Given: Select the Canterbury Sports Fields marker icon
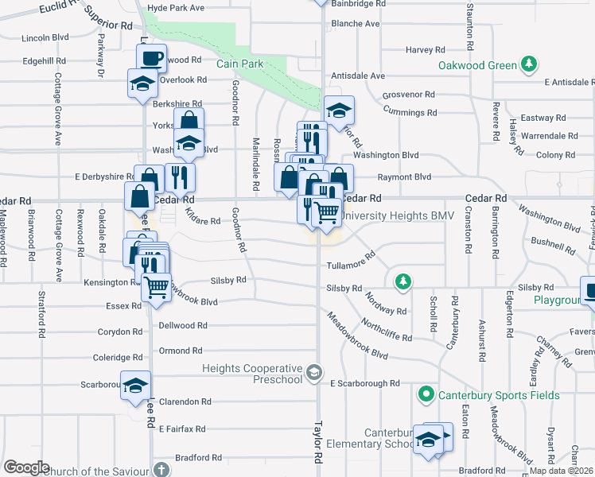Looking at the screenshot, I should pos(426,394).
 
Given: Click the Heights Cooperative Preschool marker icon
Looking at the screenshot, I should pos(316,372).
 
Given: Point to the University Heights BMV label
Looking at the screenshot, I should pos(385,215).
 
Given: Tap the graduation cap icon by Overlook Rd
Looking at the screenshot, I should pos(143,82).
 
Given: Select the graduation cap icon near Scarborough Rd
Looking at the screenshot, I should pos(135,385).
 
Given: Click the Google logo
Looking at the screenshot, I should pos(25,467).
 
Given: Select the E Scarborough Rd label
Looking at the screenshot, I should pos(365,383).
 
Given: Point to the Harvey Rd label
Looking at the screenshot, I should pos(419,49).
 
